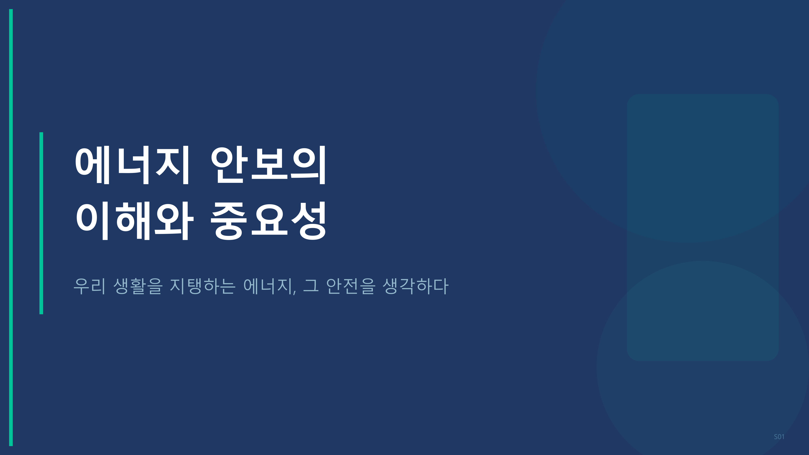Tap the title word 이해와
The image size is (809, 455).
point(134,221)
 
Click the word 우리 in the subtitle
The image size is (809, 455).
point(89,286)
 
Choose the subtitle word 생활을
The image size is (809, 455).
point(138,286)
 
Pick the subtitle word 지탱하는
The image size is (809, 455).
point(203,286)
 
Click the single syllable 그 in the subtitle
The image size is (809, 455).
point(311,286)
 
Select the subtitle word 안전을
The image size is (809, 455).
point(351,286)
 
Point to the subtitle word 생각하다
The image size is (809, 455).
point(416,286)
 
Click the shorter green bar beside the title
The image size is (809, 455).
point(41,223)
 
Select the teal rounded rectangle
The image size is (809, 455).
point(703,227)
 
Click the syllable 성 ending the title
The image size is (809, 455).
point(309,221)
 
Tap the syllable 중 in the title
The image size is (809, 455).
point(228,221)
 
